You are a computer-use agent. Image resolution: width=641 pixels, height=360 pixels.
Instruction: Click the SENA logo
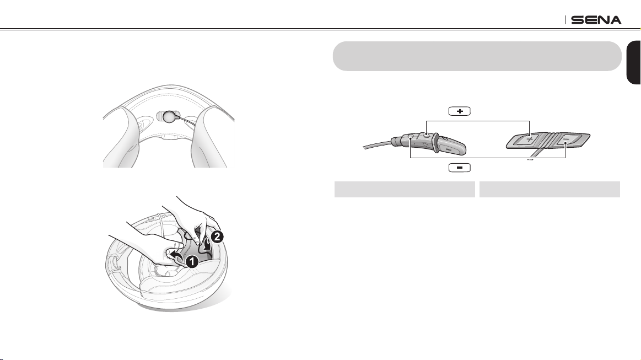596,20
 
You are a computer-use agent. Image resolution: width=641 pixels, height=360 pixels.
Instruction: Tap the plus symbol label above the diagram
460,111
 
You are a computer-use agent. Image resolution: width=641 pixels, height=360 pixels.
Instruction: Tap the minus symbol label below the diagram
460,168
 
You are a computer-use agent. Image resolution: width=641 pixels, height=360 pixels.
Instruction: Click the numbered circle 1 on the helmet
192,262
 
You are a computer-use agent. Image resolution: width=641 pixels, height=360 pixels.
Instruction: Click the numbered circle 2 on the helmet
217,237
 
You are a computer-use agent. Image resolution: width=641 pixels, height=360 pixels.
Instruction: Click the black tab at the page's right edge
634,63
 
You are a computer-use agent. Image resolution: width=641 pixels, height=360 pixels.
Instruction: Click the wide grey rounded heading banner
477,56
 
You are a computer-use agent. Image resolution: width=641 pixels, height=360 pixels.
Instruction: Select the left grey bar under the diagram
405,190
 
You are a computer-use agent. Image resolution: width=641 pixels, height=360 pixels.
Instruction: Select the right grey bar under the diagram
550,190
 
